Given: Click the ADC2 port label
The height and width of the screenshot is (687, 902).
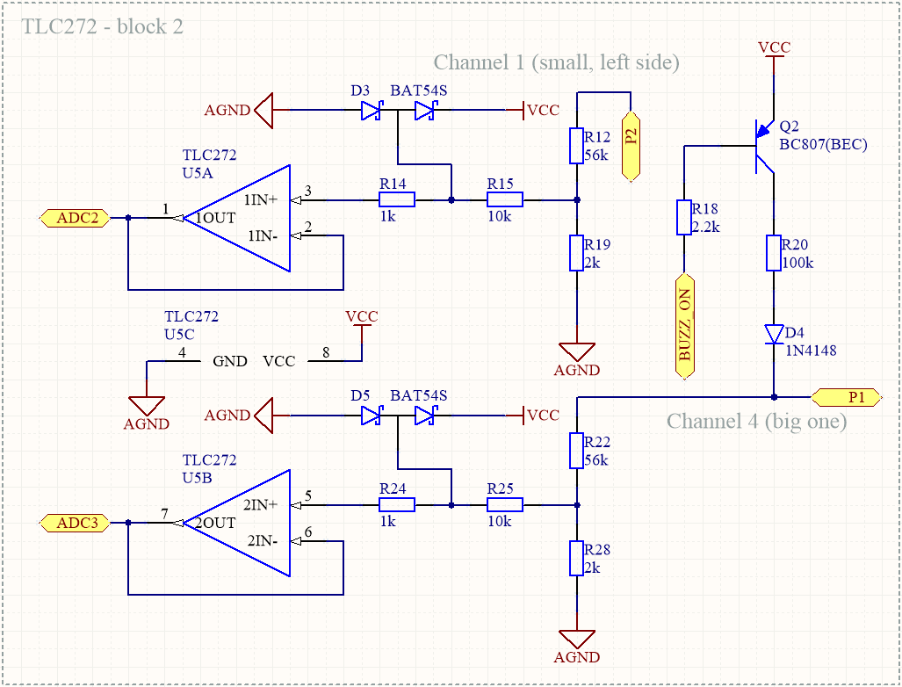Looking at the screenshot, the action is coord(75,218).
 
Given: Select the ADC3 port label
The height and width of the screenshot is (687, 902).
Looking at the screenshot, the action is coord(75,523).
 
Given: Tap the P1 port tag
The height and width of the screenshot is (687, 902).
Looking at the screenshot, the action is coord(846,397).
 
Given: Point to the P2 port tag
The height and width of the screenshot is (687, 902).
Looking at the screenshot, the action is coord(631,146).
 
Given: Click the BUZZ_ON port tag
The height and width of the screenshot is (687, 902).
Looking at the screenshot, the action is coord(684,326).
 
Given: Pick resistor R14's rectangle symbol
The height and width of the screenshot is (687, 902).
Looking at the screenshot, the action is coord(396,199).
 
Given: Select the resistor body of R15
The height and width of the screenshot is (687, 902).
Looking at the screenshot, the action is coord(504,199).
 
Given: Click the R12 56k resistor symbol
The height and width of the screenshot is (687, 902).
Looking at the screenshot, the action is coord(576,146).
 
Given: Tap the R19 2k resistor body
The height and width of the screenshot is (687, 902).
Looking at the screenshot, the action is coord(576,253).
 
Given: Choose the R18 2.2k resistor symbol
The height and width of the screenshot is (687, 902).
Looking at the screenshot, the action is coord(684,218).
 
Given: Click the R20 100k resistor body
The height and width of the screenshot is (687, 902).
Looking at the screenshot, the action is coord(773,253).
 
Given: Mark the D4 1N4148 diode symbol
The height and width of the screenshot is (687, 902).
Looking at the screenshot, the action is coord(774,334).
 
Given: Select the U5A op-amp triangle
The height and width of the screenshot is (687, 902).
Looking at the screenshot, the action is coord(237,218).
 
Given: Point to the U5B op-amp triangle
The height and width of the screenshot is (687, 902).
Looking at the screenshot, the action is coord(237,523).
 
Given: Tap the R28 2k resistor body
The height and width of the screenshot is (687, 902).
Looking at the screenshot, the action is coord(576,558).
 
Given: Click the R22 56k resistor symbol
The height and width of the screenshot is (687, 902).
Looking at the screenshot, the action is coord(576,451).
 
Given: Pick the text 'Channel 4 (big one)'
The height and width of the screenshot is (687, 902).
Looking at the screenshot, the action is coord(756,421).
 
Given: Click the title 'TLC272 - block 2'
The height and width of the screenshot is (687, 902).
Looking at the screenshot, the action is coord(103,26).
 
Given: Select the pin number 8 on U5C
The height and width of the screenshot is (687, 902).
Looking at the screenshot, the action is coord(326,352).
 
